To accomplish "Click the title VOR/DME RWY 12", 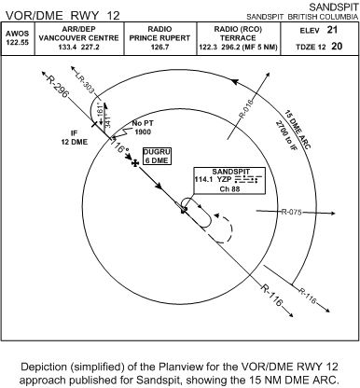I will pos(61,14).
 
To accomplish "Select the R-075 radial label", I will pos(294,212).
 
